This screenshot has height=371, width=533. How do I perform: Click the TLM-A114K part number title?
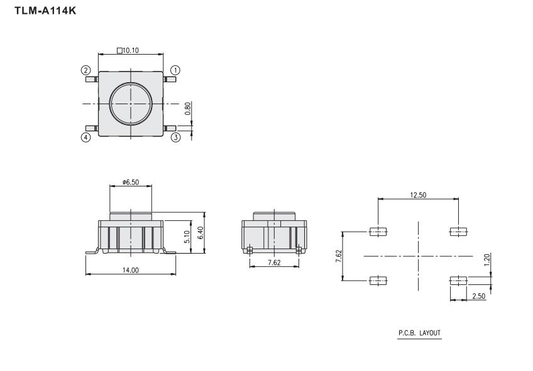[x=45, y=11]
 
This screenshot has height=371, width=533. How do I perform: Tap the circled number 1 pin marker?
[x=175, y=70]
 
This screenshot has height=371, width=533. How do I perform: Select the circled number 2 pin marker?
[x=85, y=70]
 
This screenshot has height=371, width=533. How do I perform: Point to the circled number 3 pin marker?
[x=175, y=137]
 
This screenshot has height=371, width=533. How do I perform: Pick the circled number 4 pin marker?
[x=85, y=137]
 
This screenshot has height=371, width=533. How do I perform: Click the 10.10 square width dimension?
[x=128, y=51]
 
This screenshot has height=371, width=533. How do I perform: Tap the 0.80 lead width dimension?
[x=188, y=109]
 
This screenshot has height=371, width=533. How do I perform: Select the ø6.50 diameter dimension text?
[x=131, y=182]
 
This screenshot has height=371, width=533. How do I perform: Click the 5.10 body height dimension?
[x=187, y=237]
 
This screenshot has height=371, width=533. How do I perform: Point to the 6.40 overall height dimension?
[x=201, y=233]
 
